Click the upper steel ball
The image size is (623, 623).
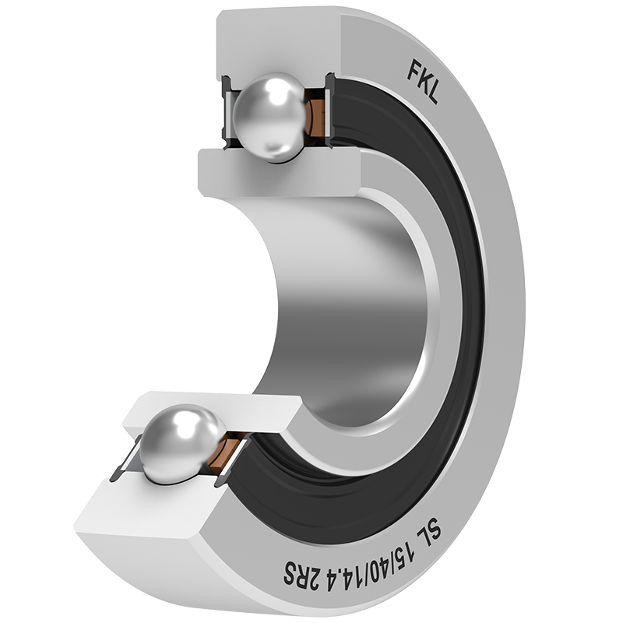pos(269,118)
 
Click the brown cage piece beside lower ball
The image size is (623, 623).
pos(224,453)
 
